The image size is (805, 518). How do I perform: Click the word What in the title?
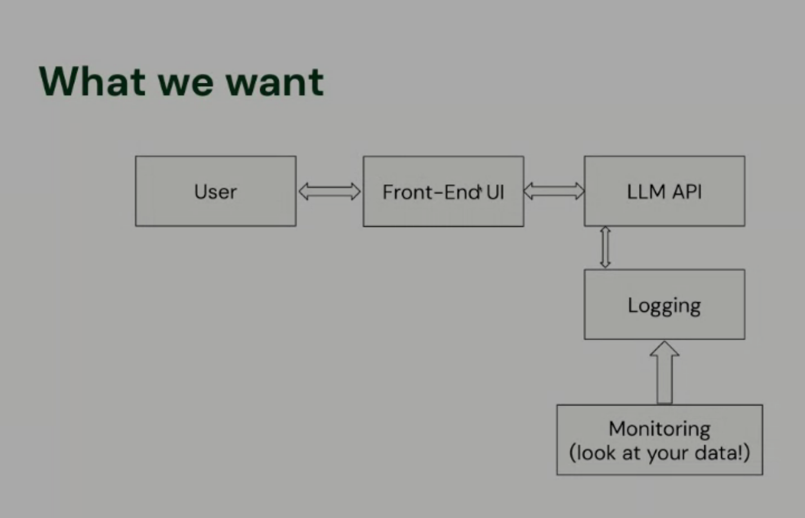[92, 82]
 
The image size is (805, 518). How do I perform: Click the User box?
[216, 191]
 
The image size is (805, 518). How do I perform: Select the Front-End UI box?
[443, 191]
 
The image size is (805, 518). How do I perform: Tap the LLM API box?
[664, 191]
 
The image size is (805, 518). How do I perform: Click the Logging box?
[664, 305]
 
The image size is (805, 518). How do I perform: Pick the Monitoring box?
[659, 440]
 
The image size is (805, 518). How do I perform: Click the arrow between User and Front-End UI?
[329, 191]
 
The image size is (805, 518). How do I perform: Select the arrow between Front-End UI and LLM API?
[554, 191]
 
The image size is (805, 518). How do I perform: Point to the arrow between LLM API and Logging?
[605, 247]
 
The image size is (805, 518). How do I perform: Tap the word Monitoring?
[659, 429]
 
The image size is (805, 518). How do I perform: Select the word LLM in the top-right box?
[645, 192]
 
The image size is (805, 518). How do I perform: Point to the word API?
[687, 192]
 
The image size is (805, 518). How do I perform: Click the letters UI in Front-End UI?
[495, 193]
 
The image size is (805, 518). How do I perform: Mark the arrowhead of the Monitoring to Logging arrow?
[664, 349]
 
